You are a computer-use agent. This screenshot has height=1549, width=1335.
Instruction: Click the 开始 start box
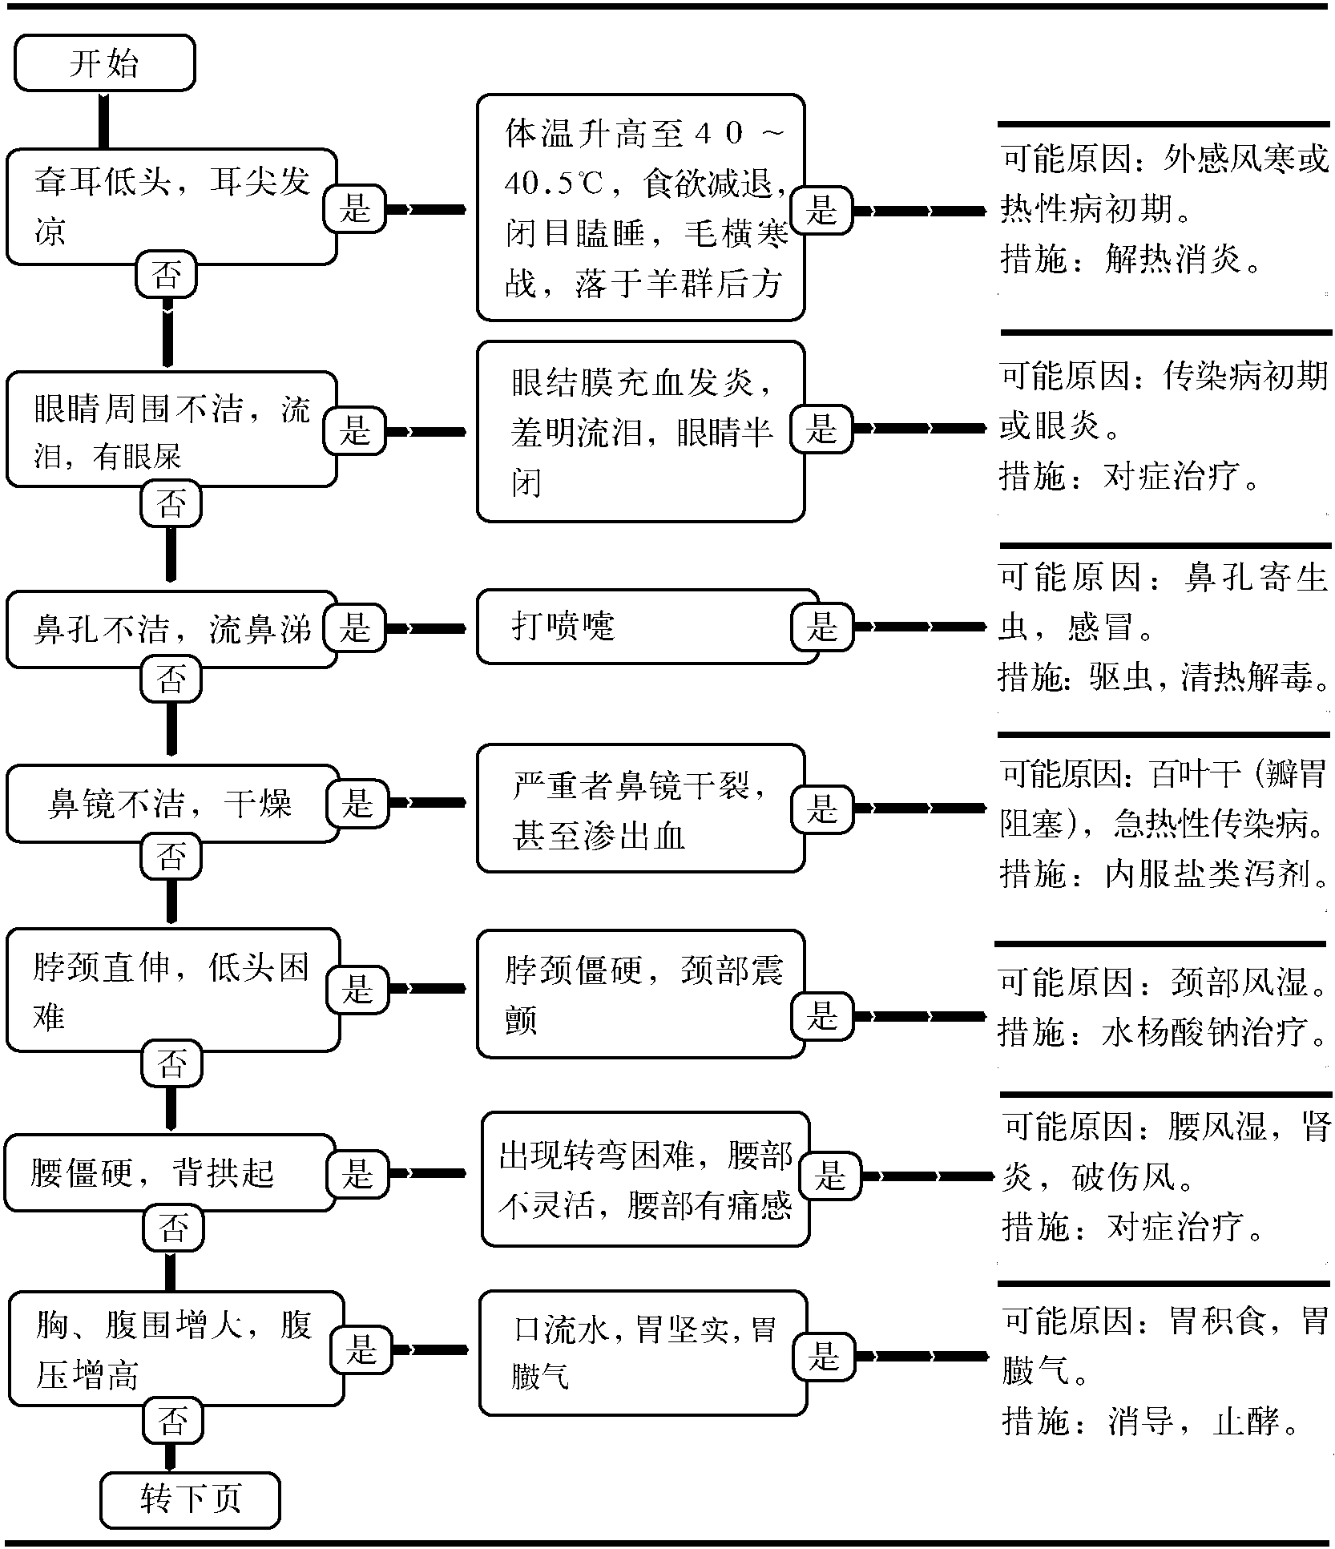[104, 63]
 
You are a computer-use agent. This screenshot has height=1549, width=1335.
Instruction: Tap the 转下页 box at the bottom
[191, 1500]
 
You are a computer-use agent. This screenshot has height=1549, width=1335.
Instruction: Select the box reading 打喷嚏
[647, 627]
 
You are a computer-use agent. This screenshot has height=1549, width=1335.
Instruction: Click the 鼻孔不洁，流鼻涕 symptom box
[171, 630]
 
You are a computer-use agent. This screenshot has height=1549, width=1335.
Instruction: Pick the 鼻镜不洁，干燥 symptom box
[172, 804]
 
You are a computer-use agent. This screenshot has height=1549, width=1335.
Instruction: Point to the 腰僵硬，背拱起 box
[170, 1173]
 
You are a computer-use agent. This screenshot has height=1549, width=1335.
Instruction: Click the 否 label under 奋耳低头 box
[166, 275]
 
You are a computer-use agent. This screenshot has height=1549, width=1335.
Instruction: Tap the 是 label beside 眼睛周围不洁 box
[355, 430]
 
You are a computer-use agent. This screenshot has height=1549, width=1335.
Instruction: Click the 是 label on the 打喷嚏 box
[821, 627]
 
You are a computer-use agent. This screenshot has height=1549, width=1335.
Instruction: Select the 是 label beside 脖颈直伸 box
[357, 988]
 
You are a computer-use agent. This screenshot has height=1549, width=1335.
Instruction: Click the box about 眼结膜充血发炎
[641, 432]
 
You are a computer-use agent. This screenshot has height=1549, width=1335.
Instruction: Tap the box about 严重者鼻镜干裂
[641, 808]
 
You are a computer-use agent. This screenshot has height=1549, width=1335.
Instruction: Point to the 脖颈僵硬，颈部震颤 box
[641, 994]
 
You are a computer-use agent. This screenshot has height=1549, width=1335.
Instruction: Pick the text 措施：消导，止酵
[1151, 1422]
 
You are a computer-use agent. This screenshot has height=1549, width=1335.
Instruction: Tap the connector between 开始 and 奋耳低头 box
[103, 120]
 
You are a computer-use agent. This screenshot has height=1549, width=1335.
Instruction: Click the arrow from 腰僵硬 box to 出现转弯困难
[426, 1173]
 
